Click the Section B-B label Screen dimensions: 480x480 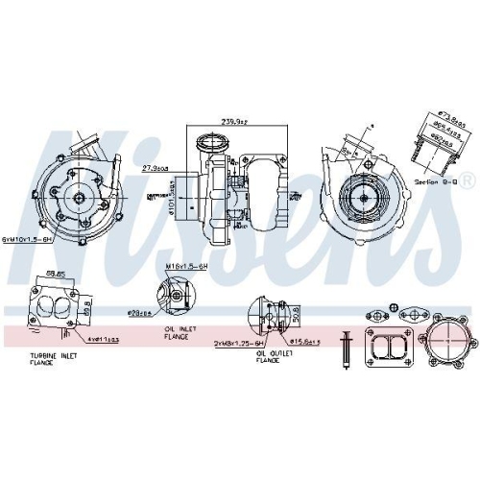point(431,180)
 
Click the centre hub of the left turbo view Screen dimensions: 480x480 point(75,198)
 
